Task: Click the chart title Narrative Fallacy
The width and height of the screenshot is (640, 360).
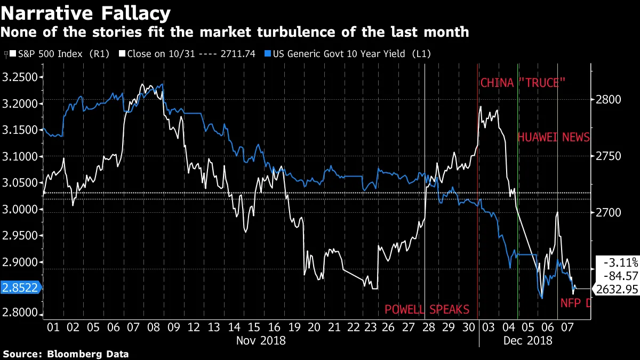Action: tap(85, 12)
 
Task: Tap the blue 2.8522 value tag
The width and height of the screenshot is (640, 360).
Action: tap(20, 288)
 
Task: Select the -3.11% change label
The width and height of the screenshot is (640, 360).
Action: tap(620, 262)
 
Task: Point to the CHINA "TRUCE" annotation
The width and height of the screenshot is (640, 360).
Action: tap(522, 83)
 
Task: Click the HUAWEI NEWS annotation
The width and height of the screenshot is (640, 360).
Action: tap(554, 137)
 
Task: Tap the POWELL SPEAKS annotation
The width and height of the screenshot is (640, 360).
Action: tap(427, 309)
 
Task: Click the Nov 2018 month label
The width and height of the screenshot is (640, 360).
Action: tap(260, 340)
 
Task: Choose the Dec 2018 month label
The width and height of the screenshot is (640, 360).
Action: tap(527, 340)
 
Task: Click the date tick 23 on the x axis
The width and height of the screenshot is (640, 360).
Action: tap(366, 326)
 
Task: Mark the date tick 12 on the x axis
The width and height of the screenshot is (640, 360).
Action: tap(194, 326)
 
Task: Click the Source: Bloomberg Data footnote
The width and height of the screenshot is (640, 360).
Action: tap(66, 354)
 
